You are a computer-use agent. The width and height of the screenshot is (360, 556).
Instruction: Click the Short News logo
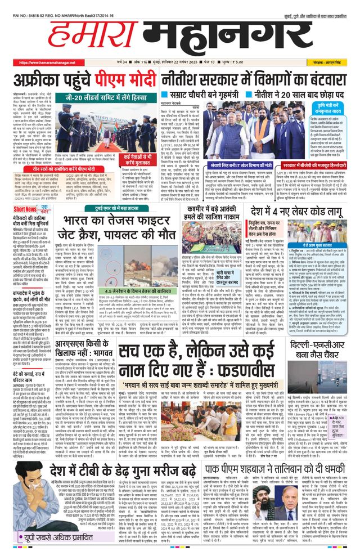pyautogui.click(x=24, y=209)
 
